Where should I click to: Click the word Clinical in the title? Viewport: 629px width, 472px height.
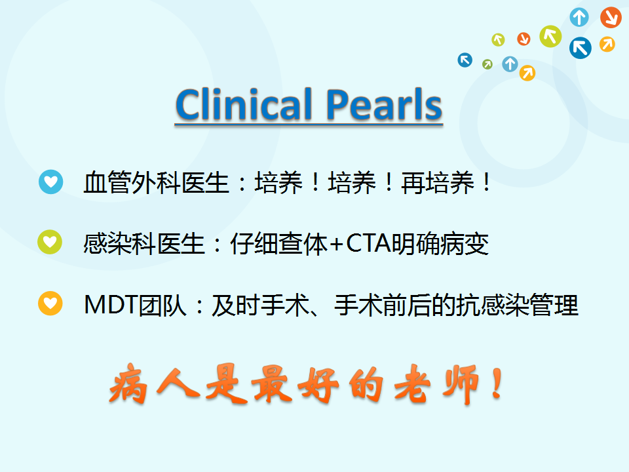(244, 104)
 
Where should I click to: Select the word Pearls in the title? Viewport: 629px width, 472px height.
(384, 104)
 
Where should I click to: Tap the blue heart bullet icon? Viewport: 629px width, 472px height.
(51, 182)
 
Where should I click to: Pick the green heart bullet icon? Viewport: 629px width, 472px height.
(50, 242)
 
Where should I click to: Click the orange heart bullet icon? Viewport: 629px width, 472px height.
(50, 303)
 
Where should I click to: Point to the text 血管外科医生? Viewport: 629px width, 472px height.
(156, 183)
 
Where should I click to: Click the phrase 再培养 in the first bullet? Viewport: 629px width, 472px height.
(438, 183)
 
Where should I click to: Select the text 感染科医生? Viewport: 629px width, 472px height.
(144, 244)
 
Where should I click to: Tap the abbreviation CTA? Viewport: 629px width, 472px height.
(368, 243)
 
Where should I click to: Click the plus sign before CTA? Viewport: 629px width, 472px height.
(336, 244)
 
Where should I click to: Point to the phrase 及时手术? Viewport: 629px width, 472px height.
(261, 305)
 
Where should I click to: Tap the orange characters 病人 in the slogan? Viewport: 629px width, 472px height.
(154, 383)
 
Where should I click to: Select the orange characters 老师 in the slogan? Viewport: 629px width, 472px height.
(437, 384)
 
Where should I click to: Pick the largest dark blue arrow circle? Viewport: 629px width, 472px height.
(580, 48)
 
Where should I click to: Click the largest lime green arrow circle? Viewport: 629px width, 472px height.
(550, 37)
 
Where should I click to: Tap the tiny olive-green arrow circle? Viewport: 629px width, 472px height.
(487, 64)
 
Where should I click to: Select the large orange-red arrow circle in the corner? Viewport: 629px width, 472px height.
(611, 17)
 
